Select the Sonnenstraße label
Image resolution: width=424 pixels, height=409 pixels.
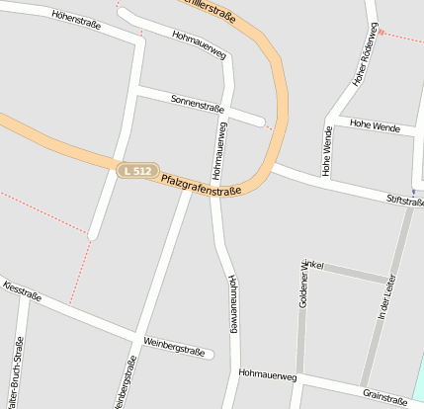(198, 104)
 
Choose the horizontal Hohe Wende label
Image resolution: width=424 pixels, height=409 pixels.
(376, 127)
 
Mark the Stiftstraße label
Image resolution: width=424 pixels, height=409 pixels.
(405, 202)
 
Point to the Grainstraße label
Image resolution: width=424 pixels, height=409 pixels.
(385, 399)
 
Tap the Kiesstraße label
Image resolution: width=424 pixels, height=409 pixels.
(22, 293)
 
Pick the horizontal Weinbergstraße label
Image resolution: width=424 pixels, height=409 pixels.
(174, 348)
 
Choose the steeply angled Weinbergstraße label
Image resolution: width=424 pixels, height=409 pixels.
(124, 382)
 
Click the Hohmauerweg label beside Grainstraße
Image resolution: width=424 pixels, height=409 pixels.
(268, 375)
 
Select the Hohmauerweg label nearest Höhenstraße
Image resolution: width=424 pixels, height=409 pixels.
(199, 43)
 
